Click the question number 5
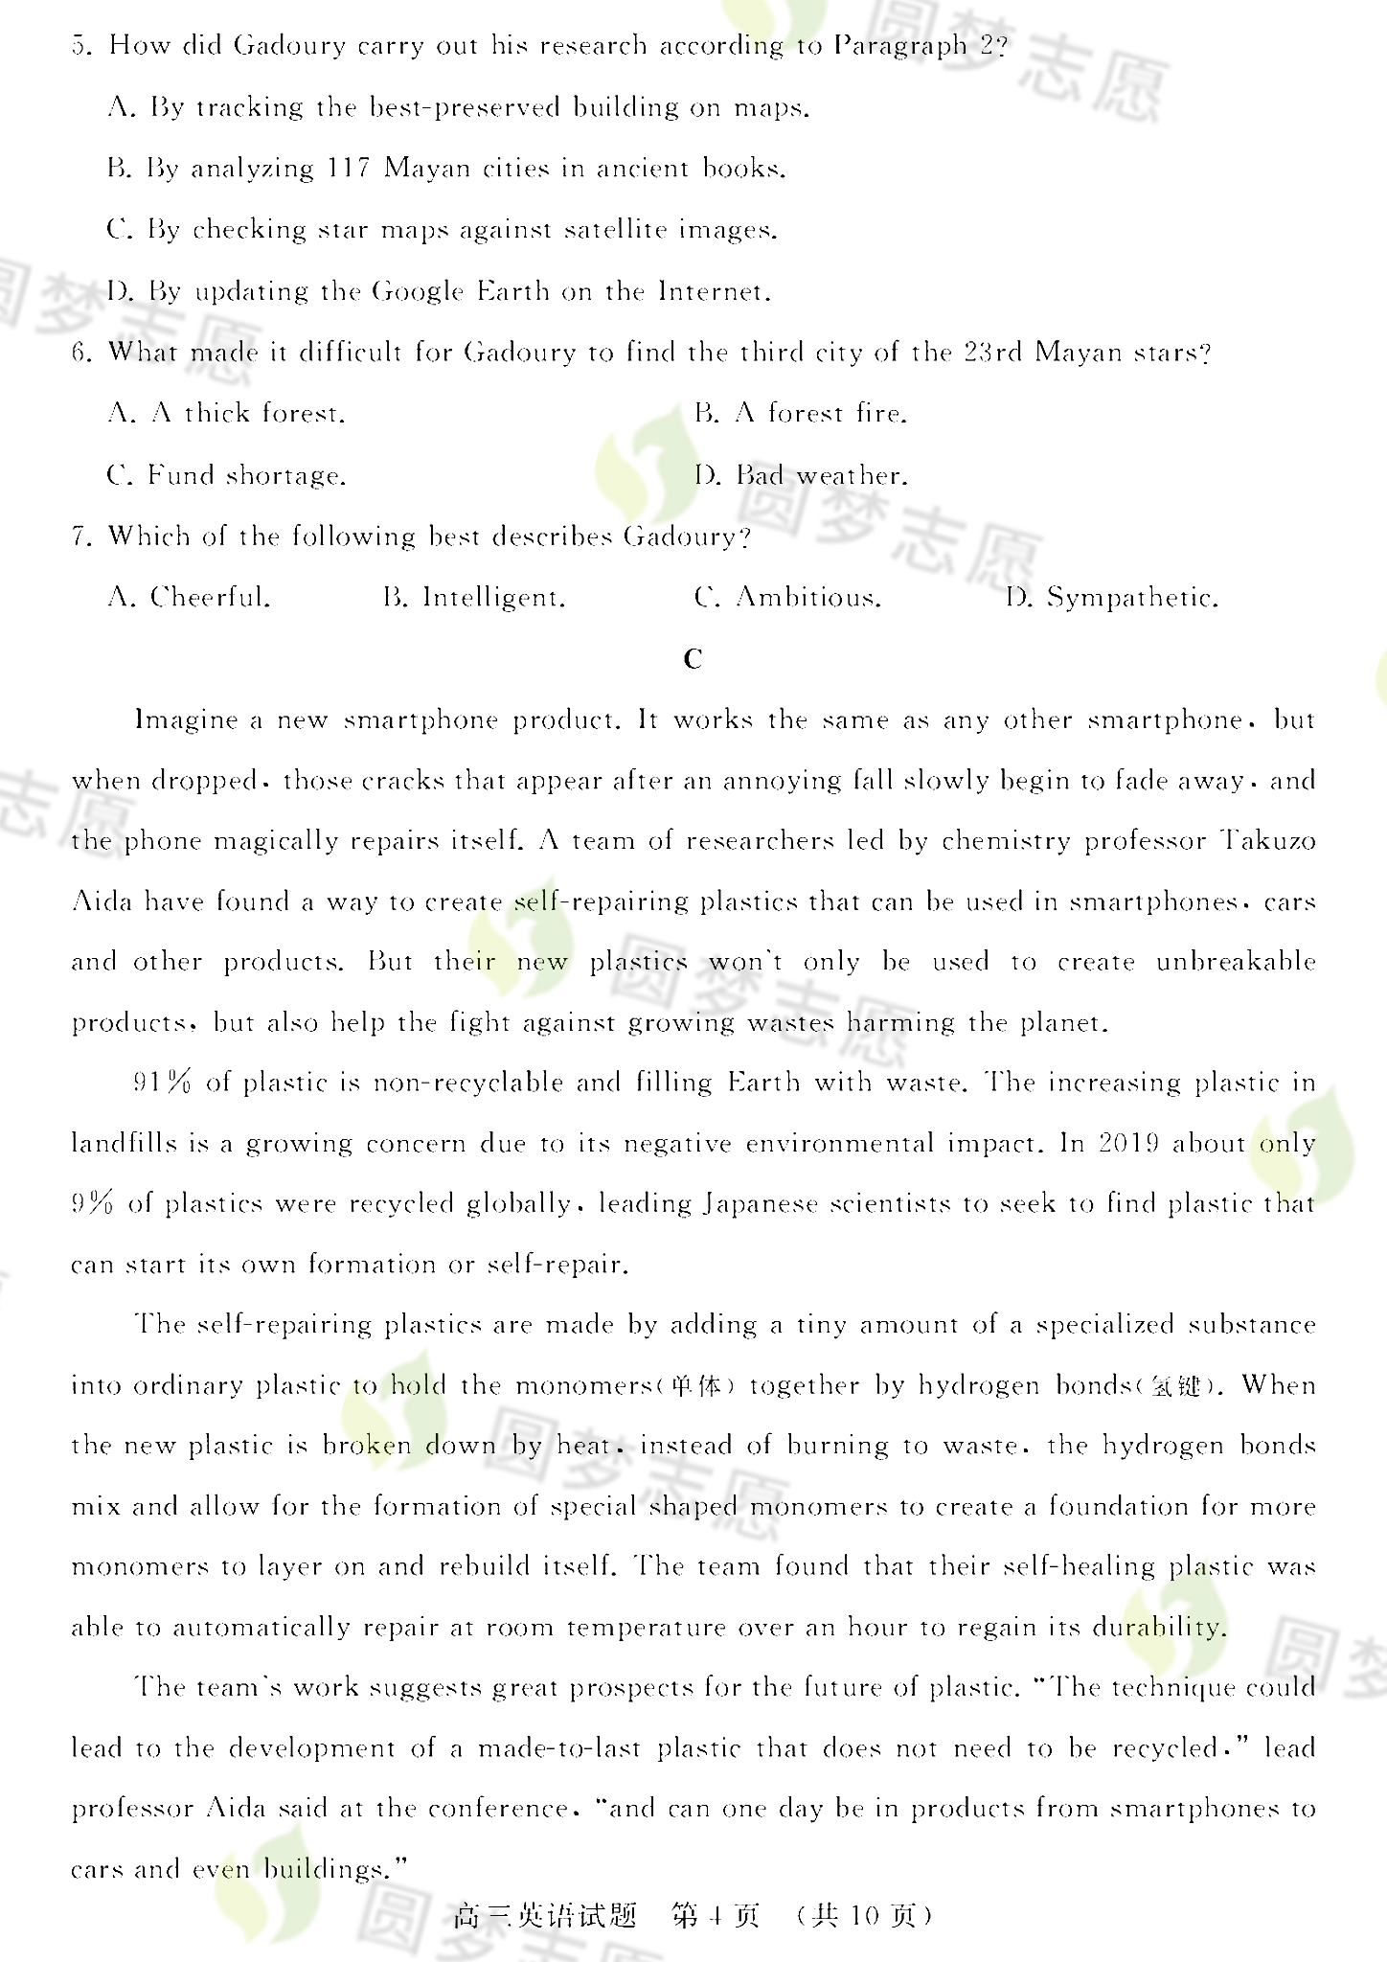tap(80, 46)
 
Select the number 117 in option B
tap(348, 169)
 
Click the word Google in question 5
tap(417, 291)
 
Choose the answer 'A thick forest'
tap(247, 414)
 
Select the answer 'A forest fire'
tap(821, 414)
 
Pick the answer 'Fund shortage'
tap(246, 475)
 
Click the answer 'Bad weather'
tap(821, 475)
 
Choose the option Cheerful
tap(210, 598)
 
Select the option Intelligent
tap(493, 598)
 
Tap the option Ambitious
tap(807, 598)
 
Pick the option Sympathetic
tap(1131, 598)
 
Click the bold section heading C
tap(693, 659)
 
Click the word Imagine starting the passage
tap(187, 719)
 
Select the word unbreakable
tap(1236, 962)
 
